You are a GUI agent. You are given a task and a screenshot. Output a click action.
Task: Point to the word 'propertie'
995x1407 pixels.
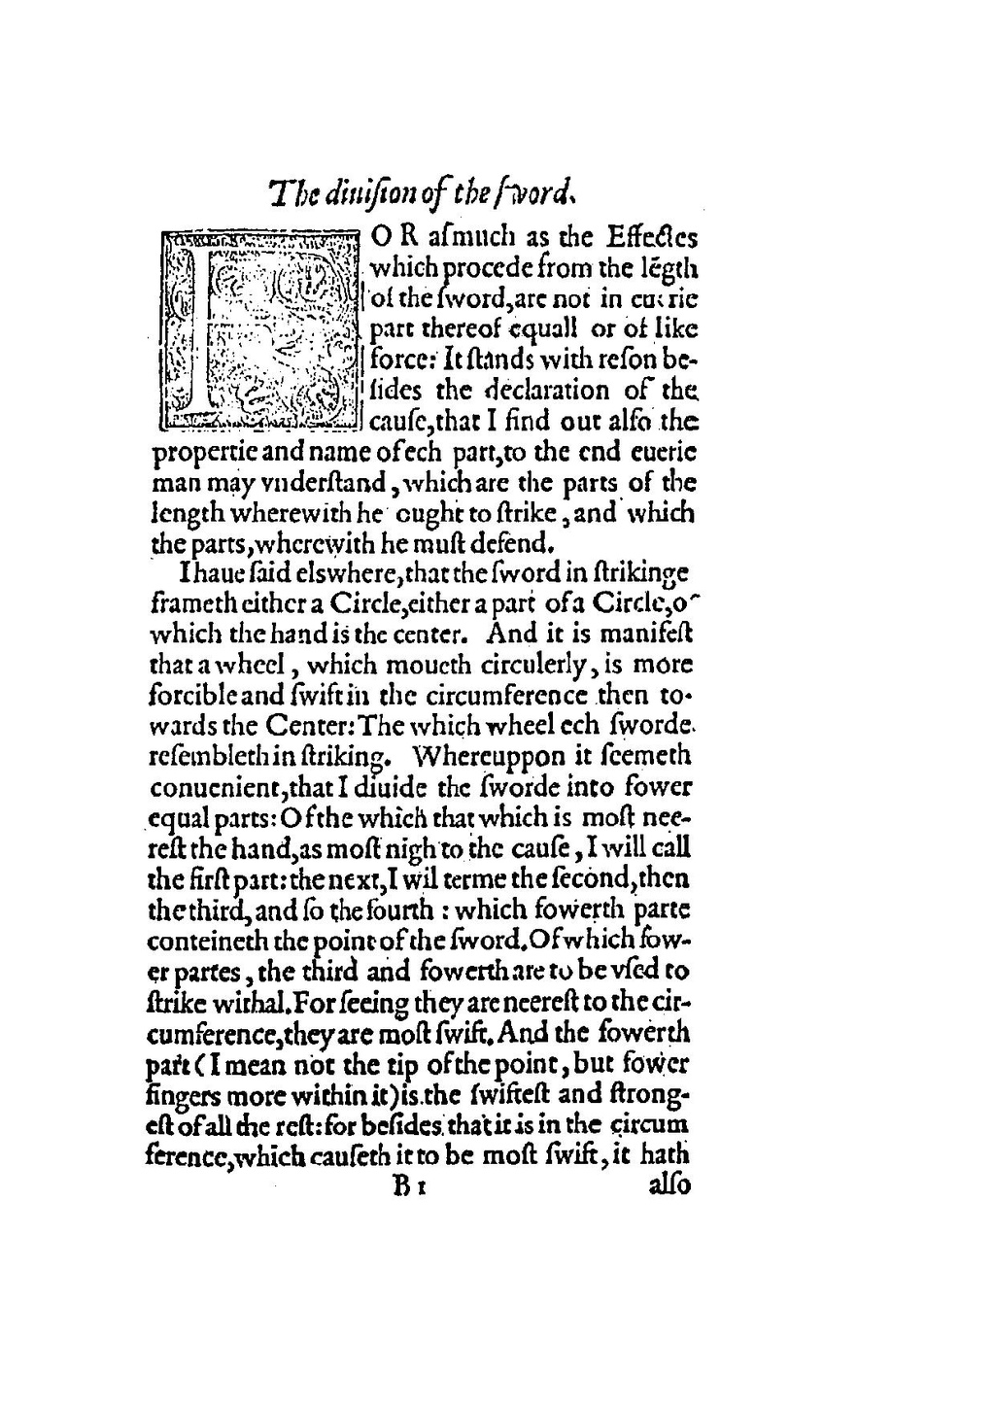click(198, 453)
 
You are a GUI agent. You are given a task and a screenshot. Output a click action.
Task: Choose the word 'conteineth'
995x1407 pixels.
click(204, 941)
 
